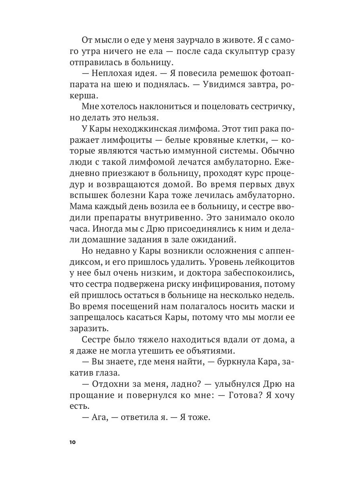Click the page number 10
pyautogui.click(x=72, y=442)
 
